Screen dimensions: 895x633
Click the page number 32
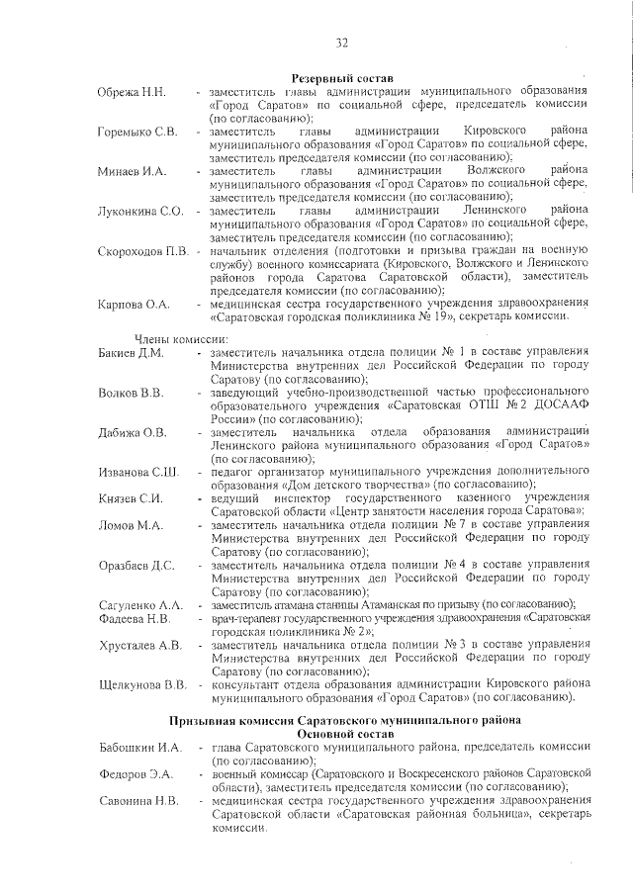coord(341,43)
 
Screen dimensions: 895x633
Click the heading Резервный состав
coord(341,78)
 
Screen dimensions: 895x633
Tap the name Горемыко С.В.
coord(137,132)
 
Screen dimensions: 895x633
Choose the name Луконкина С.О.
coord(140,211)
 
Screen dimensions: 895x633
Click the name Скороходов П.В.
coord(143,251)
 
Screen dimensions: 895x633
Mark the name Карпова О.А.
coord(135,304)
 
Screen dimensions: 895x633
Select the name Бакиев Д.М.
coord(132,353)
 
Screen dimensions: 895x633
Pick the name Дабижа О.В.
coord(133,432)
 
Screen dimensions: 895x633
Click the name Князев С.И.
coord(130,497)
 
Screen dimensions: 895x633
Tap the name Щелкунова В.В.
coord(143,683)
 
